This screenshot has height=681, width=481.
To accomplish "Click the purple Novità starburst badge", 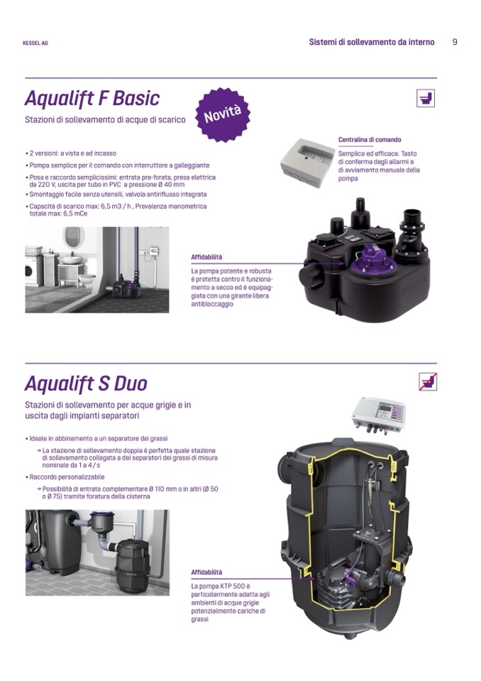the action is (223, 115).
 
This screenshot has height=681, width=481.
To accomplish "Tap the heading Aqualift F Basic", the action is (92, 98).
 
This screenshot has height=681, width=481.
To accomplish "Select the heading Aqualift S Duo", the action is (86, 383).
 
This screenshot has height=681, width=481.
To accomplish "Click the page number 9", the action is (455, 42).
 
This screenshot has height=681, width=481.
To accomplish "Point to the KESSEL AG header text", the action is (35, 43).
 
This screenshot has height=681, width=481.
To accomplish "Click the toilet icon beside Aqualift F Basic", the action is (425, 98).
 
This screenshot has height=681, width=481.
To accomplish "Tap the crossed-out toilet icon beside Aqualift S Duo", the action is (428, 382).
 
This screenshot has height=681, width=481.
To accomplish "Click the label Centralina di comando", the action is (370, 140).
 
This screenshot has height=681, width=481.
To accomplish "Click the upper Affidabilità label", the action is (206, 257).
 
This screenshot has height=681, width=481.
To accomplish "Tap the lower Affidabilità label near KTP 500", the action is (206, 572).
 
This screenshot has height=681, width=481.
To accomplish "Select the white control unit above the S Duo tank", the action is (378, 415).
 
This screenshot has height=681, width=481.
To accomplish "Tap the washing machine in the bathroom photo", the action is (30, 270).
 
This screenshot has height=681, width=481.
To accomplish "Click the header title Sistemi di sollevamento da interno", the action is (372, 42).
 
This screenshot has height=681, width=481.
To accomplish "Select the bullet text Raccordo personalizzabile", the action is (67, 477).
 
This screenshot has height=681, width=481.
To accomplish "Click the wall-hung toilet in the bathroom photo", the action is (87, 280).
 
